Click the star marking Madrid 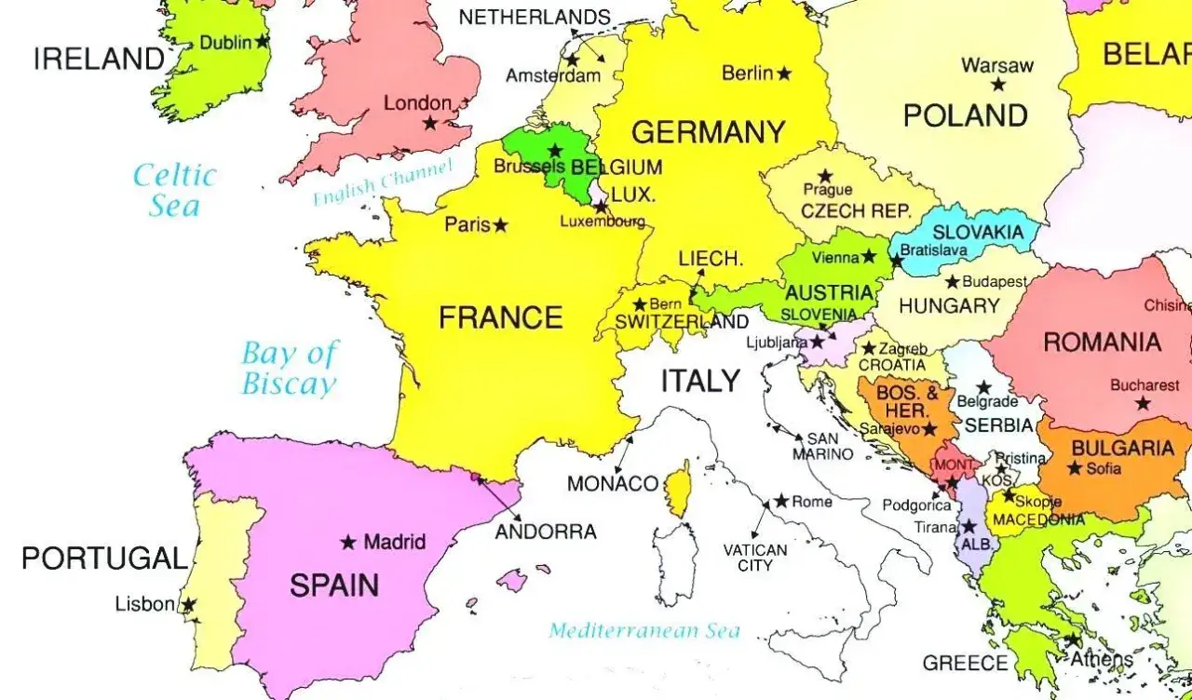coord(348,542)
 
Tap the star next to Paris coord(501,225)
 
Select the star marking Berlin coord(784,73)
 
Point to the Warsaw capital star coord(998,85)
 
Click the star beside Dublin coord(263,42)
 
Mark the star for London coord(429,123)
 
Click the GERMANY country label coord(708,132)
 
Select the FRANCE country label coord(500,318)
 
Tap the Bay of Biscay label coord(290,368)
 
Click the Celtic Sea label coord(174,190)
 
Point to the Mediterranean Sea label coord(644,631)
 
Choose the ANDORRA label coord(546,532)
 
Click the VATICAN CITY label coord(755,558)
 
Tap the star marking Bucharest coord(1143,404)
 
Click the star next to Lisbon coord(188,605)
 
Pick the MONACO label coord(613,484)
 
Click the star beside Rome coord(780,501)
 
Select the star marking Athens coord(1073,640)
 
